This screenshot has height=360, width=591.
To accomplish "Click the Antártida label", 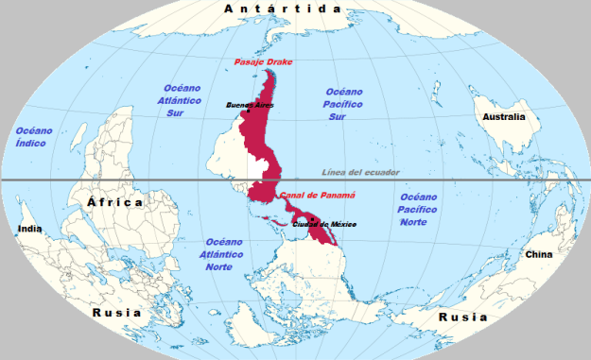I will (x=282, y=9).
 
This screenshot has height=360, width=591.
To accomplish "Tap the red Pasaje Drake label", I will (x=264, y=62).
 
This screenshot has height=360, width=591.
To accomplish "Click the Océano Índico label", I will (x=33, y=136).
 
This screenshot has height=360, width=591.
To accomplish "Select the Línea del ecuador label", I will (x=360, y=172).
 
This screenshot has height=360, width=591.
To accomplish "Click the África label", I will (x=114, y=202).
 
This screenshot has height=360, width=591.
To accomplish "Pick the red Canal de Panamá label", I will (x=317, y=196).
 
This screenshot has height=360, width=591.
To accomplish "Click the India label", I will (x=30, y=230).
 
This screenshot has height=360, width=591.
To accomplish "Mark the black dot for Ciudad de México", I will (x=311, y=218).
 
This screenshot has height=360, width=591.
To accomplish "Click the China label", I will (x=538, y=254).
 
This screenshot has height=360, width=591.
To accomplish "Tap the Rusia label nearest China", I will (x=462, y=317).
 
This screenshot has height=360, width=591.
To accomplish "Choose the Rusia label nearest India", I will (x=116, y=313).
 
